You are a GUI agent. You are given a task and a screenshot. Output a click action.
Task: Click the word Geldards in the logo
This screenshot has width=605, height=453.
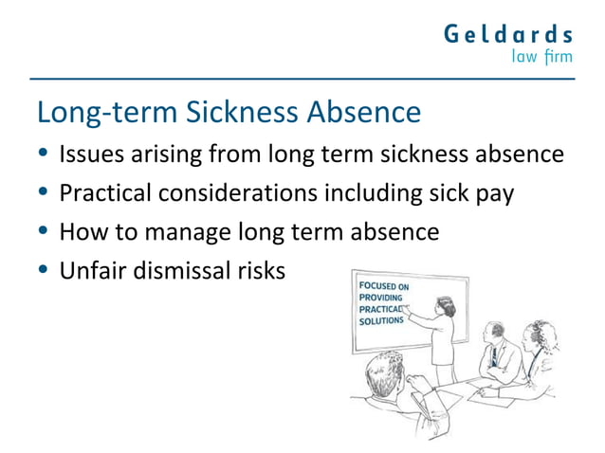click(x=508, y=35)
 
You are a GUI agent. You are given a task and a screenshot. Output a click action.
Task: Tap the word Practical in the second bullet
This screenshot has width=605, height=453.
click(x=105, y=193)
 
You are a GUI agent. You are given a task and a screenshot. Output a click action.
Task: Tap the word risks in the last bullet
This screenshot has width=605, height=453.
click(x=260, y=270)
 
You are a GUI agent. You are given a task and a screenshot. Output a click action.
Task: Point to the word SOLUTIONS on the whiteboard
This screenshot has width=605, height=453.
click(x=381, y=321)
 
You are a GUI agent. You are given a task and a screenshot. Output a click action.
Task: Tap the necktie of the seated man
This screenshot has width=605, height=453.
click(x=493, y=356)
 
